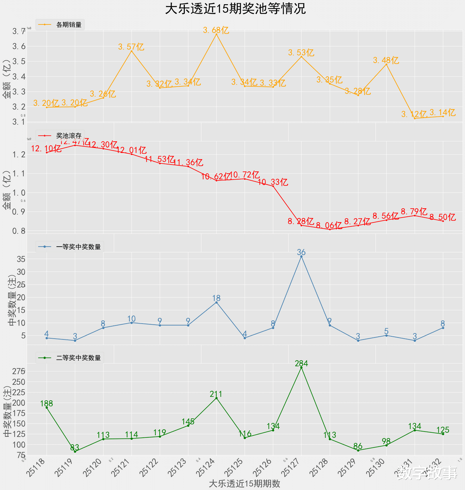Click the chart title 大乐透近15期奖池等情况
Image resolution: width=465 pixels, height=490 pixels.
coord(235,9)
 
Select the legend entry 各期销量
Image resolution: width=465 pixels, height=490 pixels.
coord(69,25)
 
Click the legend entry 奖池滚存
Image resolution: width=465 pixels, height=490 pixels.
coord(69,136)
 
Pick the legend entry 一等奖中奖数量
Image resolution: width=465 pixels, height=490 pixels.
coord(78,247)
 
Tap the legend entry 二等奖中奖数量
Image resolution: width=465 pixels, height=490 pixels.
coord(78,358)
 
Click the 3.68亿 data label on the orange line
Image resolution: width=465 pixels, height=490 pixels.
coord(216,30)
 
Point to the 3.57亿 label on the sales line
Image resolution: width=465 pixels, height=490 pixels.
coord(131,47)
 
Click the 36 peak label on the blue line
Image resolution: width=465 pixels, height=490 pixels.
coord(301,252)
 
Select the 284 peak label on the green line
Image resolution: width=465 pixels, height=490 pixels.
coord(301,363)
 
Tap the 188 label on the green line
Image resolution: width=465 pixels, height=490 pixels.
coord(46,404)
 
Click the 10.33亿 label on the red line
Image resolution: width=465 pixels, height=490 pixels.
coord(273,182)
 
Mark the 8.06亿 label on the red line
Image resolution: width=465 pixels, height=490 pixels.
coord(329,225)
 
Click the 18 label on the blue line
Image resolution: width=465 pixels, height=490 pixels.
coord(216,298)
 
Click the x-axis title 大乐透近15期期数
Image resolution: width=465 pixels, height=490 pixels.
coord(244,483)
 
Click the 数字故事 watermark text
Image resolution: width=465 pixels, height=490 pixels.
coord(427,473)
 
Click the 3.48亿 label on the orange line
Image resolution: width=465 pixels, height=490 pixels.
coord(386,60)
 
